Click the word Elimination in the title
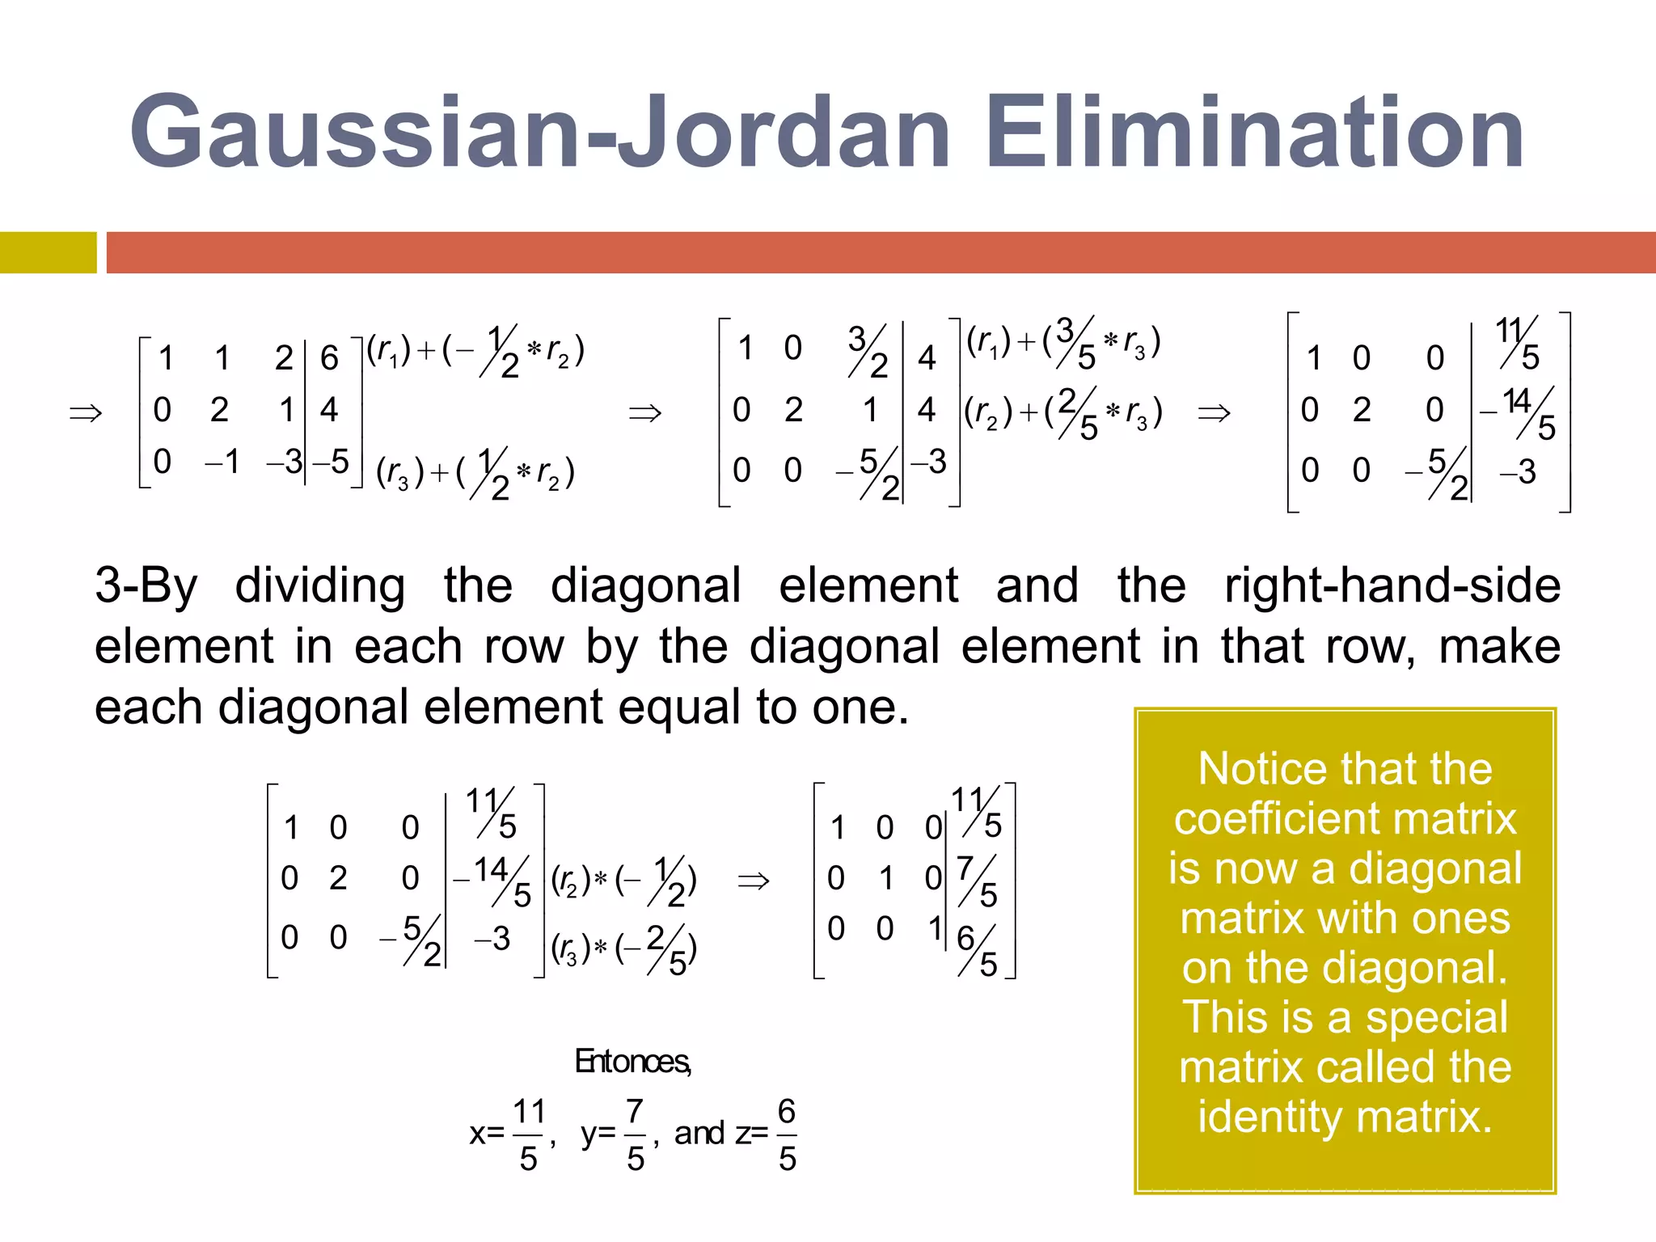(x=1254, y=131)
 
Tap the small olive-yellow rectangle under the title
(x=48, y=252)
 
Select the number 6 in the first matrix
(x=329, y=357)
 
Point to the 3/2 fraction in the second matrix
(x=868, y=351)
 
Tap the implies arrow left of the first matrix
(x=86, y=413)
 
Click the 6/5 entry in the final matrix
(x=977, y=950)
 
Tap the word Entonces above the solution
(x=632, y=1061)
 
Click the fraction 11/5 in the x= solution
(x=529, y=1134)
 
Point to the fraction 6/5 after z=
(x=787, y=1134)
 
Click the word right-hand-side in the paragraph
(x=1392, y=585)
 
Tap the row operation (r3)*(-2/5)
(x=623, y=950)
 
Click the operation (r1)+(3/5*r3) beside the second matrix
(x=1064, y=342)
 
